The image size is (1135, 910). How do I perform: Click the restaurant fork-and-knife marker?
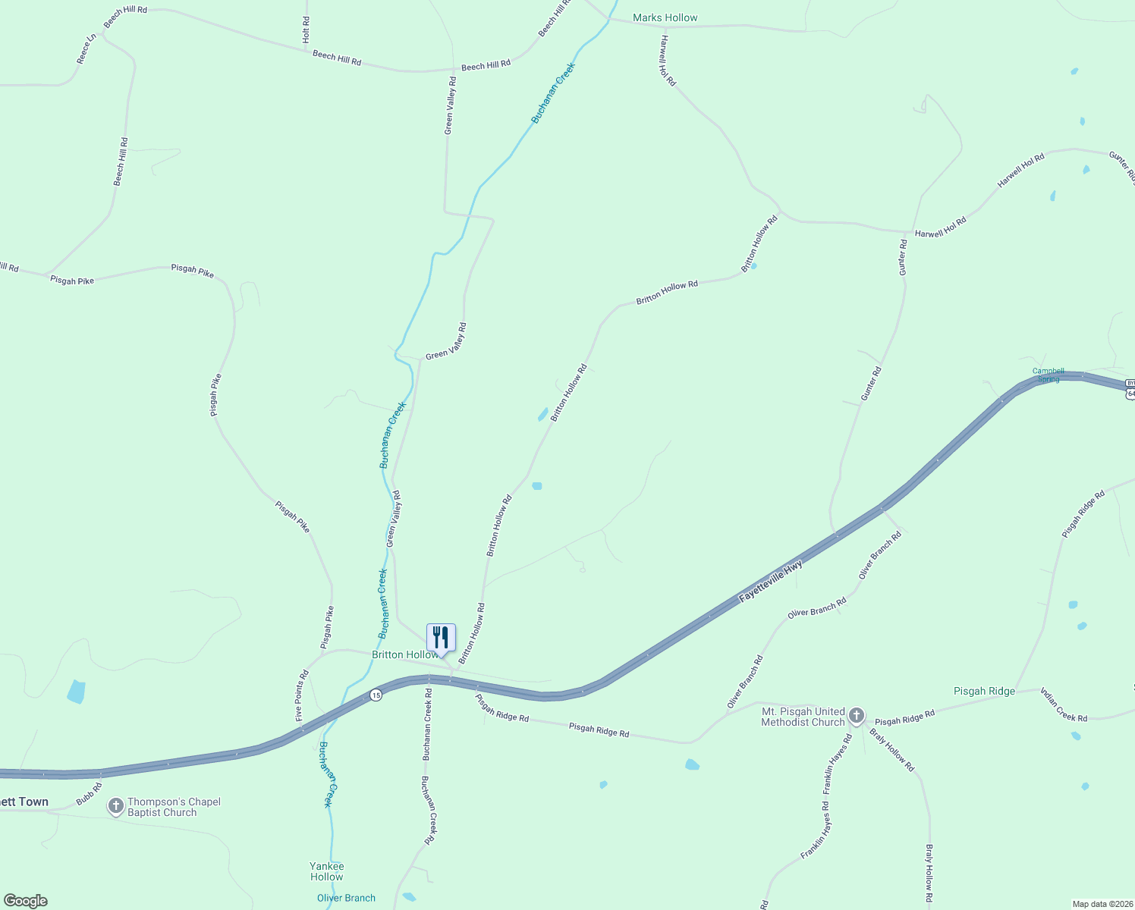pos(441,638)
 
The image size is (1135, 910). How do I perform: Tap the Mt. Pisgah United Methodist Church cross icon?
pos(856,716)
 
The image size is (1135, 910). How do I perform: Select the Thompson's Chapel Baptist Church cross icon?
pos(115,807)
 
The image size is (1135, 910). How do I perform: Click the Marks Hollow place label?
pos(665,17)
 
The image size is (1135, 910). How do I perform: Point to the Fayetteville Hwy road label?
pos(770,582)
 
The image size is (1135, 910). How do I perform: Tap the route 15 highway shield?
pos(376,695)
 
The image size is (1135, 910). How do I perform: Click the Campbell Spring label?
pos(1048,375)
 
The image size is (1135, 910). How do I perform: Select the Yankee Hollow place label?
pos(327,871)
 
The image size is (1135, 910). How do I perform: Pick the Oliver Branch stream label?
pos(346,898)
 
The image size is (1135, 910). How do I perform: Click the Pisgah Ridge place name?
pos(984,691)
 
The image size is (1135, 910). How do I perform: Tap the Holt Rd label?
pos(306,30)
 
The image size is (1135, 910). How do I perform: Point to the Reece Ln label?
pos(86,48)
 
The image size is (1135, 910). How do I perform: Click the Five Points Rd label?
pos(302,695)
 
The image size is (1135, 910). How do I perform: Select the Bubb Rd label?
pos(88,795)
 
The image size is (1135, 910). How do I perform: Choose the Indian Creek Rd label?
pos(1063,704)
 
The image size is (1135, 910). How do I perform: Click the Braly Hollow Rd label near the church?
pos(892,750)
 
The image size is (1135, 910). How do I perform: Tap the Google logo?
pos(26,901)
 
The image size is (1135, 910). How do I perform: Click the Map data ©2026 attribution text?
pos(1101,904)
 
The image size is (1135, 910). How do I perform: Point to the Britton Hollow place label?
pos(403,654)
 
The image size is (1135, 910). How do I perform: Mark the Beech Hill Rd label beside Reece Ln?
pos(126,17)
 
